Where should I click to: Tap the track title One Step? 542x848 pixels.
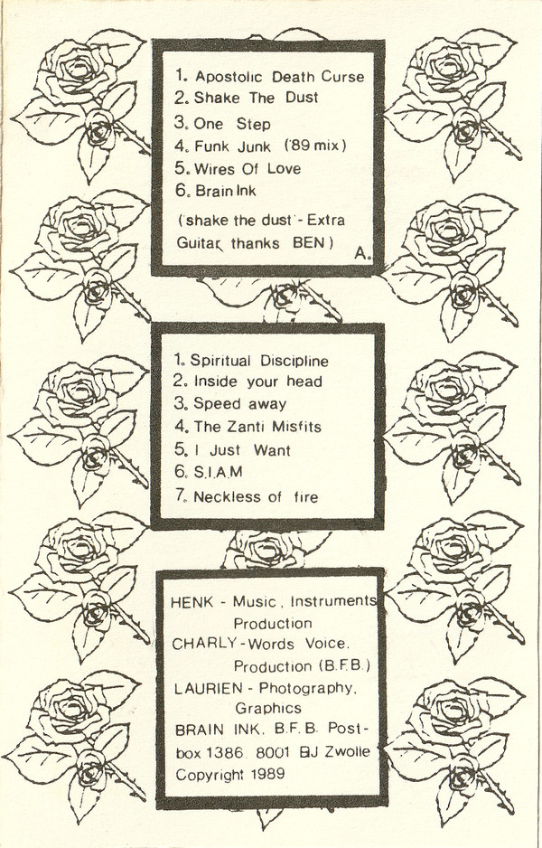[x=232, y=124]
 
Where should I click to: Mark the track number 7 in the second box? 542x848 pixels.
[x=179, y=496]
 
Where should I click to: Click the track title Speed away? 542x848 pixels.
[x=239, y=404]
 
